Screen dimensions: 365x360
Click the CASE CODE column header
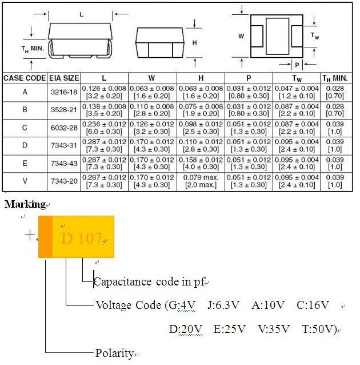pos(24,77)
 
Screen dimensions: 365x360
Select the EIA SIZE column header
pos(63,77)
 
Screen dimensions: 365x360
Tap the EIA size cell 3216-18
pos(63,92)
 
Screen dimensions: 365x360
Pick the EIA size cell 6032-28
pos(63,128)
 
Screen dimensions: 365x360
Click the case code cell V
pos(25,181)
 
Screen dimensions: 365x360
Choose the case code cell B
pos(25,110)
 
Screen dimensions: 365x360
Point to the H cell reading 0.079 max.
pos(201,181)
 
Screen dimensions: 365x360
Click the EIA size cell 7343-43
pos(63,163)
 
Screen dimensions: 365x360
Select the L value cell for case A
pos(104,92)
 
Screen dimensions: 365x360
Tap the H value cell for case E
pos(201,163)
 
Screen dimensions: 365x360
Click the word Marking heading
pos(25,204)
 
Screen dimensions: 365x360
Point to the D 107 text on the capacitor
pos(82,238)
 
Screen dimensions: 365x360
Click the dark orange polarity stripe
pos(46,236)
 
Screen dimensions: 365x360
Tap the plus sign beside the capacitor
pos(30,235)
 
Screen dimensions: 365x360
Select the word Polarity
pos(114,353)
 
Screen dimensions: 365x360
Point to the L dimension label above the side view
pos(81,14)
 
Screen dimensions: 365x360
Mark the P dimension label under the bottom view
pos(297,65)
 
